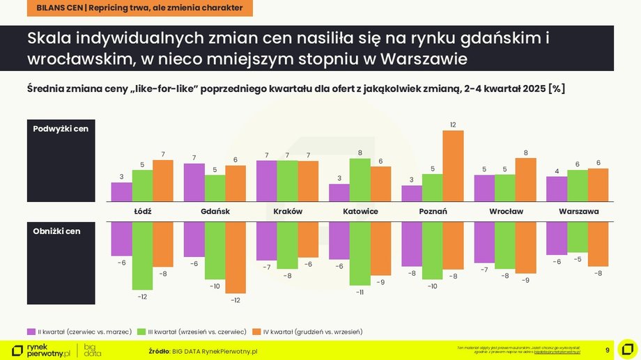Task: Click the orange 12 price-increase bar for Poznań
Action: (x=453, y=166)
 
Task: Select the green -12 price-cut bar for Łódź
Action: (x=142, y=256)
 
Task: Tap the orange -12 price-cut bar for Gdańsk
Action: (x=235, y=257)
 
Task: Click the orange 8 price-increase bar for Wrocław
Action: (x=525, y=180)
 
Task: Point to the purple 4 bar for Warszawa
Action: (x=557, y=189)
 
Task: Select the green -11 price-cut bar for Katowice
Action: (x=360, y=253)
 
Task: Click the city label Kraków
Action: (x=288, y=211)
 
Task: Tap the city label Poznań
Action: (x=433, y=211)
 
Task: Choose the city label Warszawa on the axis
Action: (x=578, y=211)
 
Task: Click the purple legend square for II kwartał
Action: (x=31, y=331)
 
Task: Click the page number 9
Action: (x=607, y=349)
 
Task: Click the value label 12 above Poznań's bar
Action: (x=453, y=125)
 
